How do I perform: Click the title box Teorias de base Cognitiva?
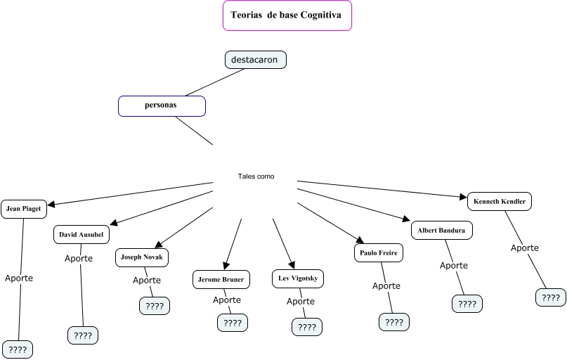click(x=287, y=16)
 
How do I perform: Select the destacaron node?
click(x=255, y=60)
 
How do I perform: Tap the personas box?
click(x=162, y=105)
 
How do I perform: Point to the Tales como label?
click(x=256, y=176)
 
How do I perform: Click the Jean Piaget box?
click(x=24, y=209)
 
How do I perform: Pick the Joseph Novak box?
click(x=142, y=257)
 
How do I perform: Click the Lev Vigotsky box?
click(x=298, y=278)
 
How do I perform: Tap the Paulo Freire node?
click(x=379, y=252)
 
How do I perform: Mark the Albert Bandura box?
click(x=441, y=230)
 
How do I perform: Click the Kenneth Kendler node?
click(x=500, y=201)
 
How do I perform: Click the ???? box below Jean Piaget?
click(x=18, y=349)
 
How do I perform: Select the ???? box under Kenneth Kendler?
click(x=550, y=297)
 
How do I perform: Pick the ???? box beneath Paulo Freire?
click(x=394, y=322)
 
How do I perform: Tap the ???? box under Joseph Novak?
click(x=155, y=306)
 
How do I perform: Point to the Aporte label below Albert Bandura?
click(x=454, y=265)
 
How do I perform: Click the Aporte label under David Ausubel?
click(x=79, y=258)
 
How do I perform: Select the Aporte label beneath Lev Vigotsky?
click(x=301, y=301)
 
